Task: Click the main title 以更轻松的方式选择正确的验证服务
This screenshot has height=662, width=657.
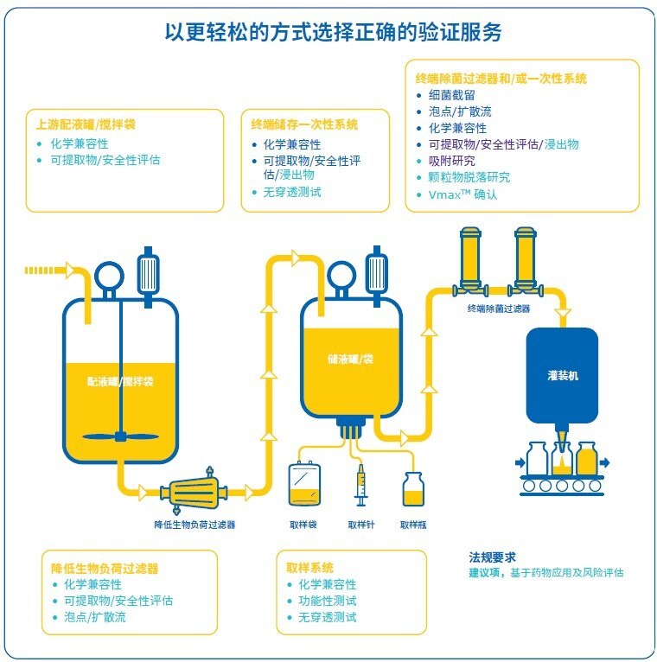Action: tap(333, 32)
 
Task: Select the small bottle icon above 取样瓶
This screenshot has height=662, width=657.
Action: tap(413, 490)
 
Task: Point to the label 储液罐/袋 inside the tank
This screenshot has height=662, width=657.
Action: tap(350, 359)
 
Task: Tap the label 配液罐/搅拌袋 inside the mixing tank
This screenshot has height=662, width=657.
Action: tap(120, 381)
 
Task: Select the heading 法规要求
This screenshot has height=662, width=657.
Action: tap(493, 557)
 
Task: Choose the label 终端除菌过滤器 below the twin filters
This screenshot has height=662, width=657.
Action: tap(499, 308)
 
